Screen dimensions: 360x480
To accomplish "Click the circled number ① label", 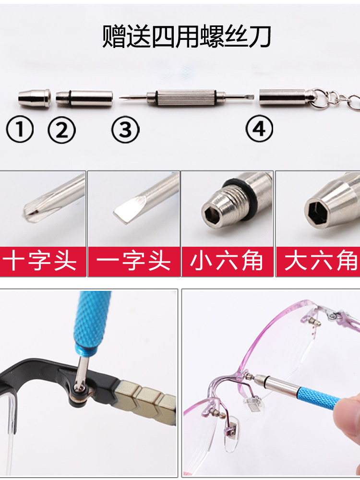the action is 20,129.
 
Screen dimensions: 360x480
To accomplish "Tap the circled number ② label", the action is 61,130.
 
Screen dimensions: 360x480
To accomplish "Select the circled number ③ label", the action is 125,130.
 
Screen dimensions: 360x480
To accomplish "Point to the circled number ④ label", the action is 259,129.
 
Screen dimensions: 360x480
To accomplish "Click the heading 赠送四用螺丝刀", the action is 187,37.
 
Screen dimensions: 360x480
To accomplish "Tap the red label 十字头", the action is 40,261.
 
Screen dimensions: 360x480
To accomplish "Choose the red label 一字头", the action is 133,261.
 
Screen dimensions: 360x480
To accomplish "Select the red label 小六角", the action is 227,261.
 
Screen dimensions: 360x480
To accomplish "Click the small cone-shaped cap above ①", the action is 34,98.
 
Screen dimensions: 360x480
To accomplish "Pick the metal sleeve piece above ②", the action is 84,98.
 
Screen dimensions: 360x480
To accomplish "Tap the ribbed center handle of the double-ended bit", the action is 186,97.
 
